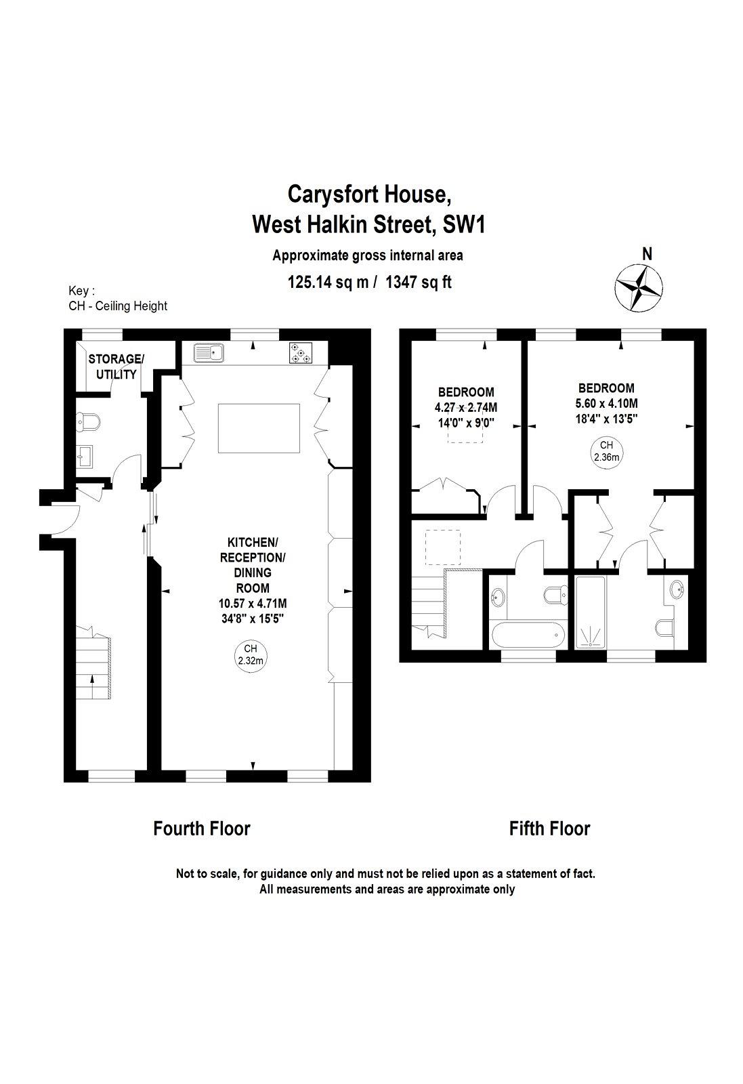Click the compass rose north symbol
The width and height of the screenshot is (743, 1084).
point(639,289)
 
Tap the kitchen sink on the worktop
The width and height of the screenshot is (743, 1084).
point(209,352)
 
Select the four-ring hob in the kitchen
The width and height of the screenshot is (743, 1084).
point(301,352)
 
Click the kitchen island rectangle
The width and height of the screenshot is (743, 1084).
point(259,428)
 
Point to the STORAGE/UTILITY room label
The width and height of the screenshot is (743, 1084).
point(116,367)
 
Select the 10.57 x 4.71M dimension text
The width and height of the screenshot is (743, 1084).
point(253,604)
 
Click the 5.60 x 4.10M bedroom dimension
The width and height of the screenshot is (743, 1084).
point(607,403)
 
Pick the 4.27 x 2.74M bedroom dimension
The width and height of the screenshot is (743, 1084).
point(466,407)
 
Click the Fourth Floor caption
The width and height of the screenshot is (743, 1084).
point(202,828)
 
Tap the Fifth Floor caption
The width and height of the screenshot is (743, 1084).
point(549,828)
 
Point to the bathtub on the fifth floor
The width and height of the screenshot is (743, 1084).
point(528,634)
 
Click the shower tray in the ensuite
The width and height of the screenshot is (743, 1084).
point(590,612)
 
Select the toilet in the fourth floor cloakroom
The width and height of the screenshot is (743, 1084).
point(88,421)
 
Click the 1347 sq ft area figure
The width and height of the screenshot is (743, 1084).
point(419,282)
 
